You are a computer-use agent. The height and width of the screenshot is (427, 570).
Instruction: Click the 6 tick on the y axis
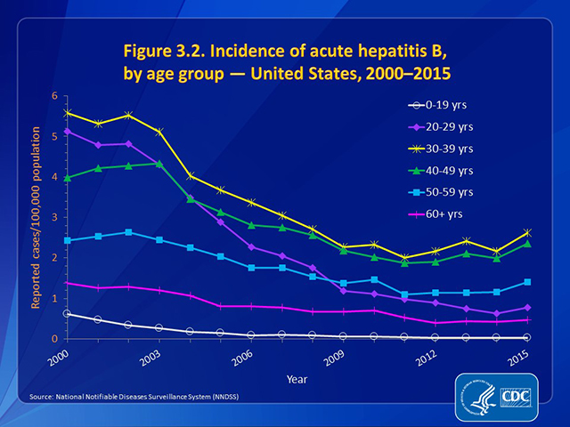point(53,96)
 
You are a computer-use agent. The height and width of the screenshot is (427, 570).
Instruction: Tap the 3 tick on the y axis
point(53,217)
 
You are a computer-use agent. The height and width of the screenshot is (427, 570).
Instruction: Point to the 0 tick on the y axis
point(53,339)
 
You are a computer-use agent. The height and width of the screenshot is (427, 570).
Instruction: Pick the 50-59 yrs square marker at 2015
point(526,282)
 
